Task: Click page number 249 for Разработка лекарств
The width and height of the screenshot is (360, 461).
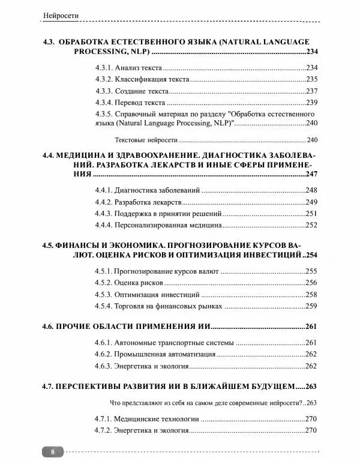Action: (311, 202)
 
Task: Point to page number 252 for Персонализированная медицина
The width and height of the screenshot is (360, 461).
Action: (311, 225)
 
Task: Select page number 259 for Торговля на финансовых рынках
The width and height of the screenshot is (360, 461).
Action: (311, 306)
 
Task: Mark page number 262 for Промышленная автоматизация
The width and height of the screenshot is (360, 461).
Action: (311, 354)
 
